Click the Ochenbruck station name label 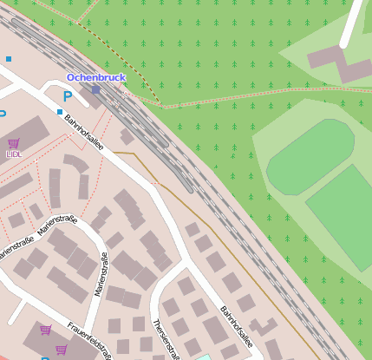click(x=96, y=78)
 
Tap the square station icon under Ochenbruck click(x=95, y=89)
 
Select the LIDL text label click(x=14, y=154)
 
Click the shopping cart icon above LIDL click(x=13, y=143)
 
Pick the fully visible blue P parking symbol click(x=67, y=97)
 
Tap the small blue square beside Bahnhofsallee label click(x=60, y=112)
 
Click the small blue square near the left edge click(x=9, y=59)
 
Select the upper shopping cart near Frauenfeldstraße click(x=46, y=330)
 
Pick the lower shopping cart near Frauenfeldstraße click(x=61, y=350)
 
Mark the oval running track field click(x=310, y=156)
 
